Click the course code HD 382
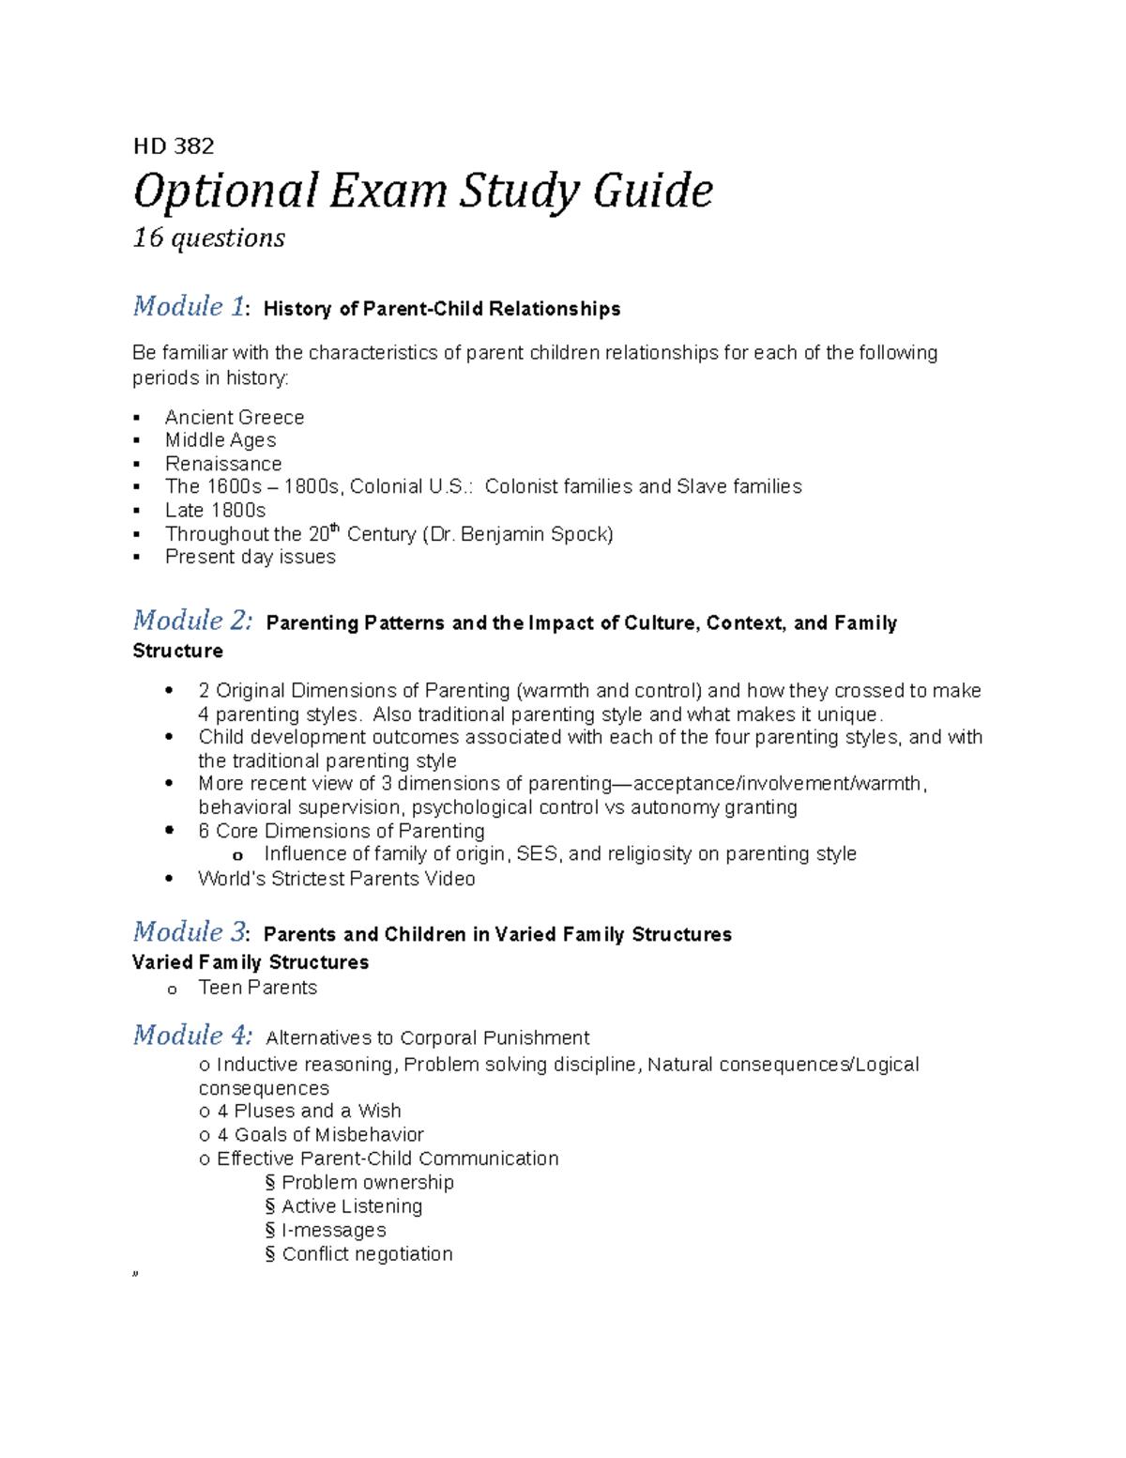(174, 146)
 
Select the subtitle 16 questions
(208, 238)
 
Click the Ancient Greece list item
(235, 417)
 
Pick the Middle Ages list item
(221, 440)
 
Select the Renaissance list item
(223, 464)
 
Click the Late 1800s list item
(215, 510)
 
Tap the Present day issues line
(250, 557)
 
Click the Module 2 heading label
(192, 621)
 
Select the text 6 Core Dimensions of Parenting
(342, 831)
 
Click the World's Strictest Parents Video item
(336, 879)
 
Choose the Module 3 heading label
(190, 932)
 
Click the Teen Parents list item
(257, 988)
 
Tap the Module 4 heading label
(192, 1036)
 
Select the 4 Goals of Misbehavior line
(320, 1135)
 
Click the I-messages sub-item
(333, 1230)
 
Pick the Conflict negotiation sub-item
(367, 1254)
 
